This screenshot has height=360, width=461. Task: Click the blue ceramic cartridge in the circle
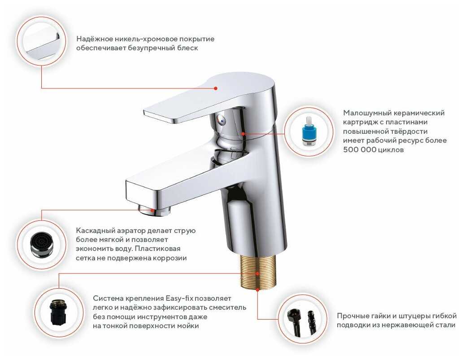coord(308,131)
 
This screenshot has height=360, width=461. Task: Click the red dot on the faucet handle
coord(216,88)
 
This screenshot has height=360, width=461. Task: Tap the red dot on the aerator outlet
coord(152,211)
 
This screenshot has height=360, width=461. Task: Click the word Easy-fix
coord(179,299)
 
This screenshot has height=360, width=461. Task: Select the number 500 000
coord(360,149)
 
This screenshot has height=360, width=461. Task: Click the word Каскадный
coord(95,231)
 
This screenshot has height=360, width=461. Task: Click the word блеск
coord(187,48)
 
